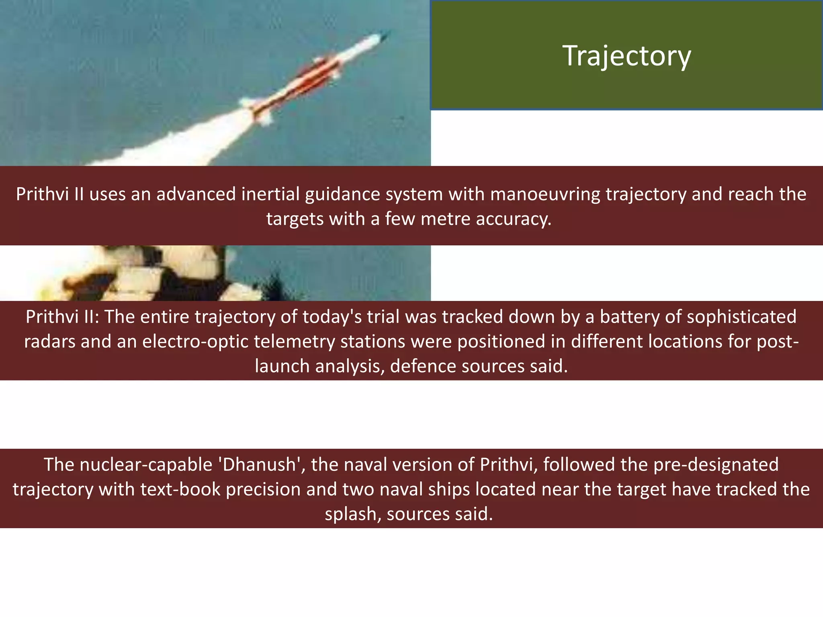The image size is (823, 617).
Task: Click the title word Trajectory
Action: pyautogui.click(x=626, y=56)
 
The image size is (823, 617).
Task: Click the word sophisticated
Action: pyautogui.click(x=741, y=317)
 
